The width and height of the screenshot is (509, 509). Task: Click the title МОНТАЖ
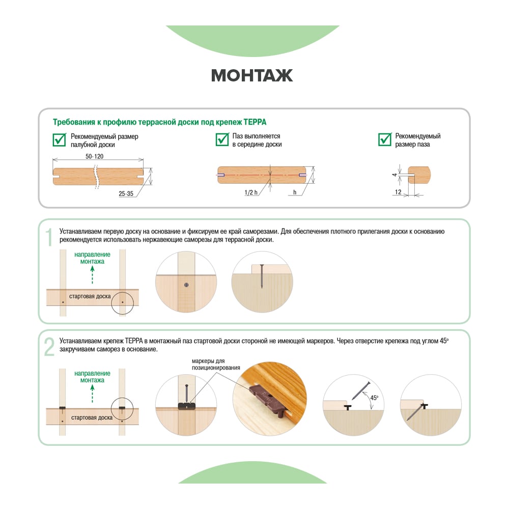pyautogui.click(x=252, y=75)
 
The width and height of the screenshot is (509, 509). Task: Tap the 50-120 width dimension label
pyautogui.click(x=95, y=156)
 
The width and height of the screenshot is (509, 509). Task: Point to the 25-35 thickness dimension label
pyautogui.click(x=126, y=193)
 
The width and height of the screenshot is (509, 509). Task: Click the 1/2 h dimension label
pyautogui.click(x=251, y=192)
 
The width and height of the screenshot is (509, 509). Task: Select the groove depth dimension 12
pyautogui.click(x=399, y=192)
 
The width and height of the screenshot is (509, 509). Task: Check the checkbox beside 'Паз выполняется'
pyautogui.click(x=222, y=139)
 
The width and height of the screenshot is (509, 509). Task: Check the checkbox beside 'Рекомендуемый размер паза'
pyautogui.click(x=385, y=139)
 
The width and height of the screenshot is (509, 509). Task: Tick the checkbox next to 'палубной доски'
pyautogui.click(x=60, y=139)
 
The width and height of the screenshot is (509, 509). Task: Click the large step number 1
pyautogui.click(x=49, y=237)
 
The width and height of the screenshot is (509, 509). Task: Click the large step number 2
pyautogui.click(x=49, y=347)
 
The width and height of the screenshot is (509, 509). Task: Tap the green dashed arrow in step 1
pyautogui.click(x=93, y=275)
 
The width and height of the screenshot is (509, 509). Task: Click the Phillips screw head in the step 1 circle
pyautogui.click(x=186, y=285)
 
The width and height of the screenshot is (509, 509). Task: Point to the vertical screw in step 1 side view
pyautogui.click(x=262, y=276)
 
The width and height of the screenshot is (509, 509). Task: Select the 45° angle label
pyautogui.click(x=374, y=398)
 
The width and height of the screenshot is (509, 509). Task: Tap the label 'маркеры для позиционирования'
pyautogui.click(x=216, y=364)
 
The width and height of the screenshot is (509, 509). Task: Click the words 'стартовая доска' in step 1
pyautogui.click(x=90, y=296)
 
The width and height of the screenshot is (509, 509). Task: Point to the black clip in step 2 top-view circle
pyautogui.click(x=187, y=406)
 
